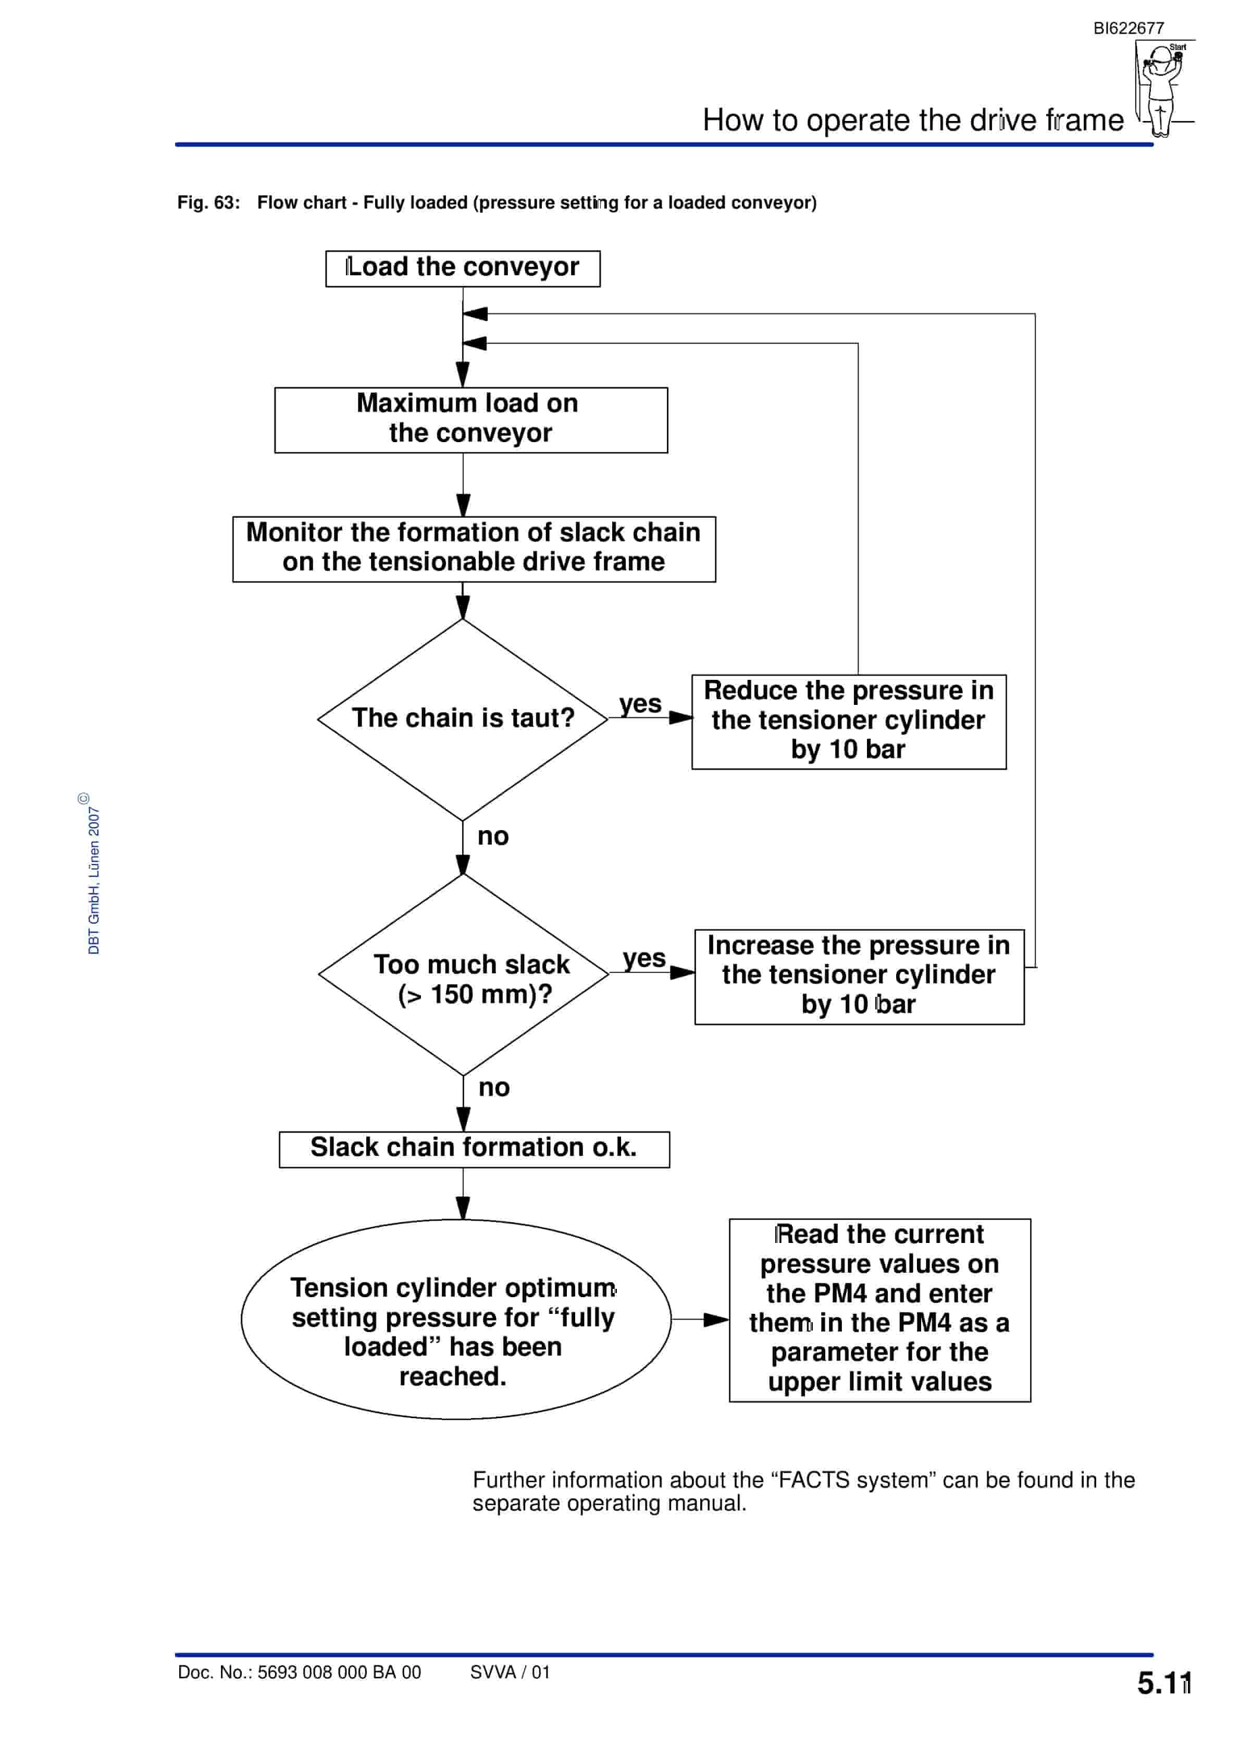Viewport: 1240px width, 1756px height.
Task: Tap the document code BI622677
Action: tap(1129, 28)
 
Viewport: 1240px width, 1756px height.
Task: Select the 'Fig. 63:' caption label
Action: tap(209, 203)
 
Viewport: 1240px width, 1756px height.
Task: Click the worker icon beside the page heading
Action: tap(1162, 89)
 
